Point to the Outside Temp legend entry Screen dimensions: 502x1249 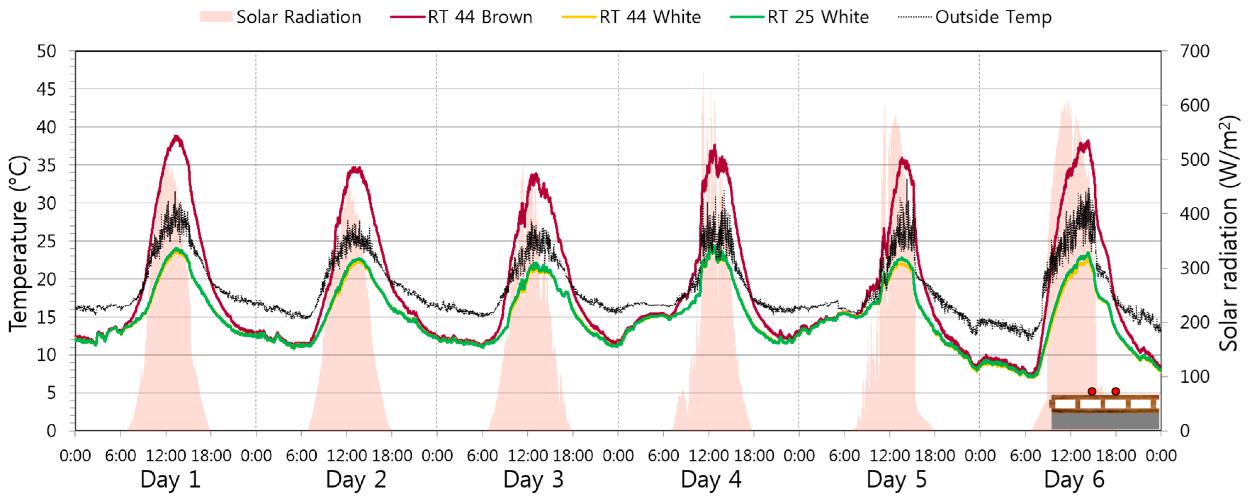coord(974,17)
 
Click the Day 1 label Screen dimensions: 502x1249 coord(170,480)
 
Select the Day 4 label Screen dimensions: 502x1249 coord(711,480)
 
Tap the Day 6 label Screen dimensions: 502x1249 coord(1074,480)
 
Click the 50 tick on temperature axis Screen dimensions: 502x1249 coord(46,51)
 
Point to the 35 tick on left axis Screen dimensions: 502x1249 coord(46,165)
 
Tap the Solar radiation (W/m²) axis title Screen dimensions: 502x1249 coord(1230,233)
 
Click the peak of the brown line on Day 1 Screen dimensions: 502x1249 coord(176,136)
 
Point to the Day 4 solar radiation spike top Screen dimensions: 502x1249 coord(703,73)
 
